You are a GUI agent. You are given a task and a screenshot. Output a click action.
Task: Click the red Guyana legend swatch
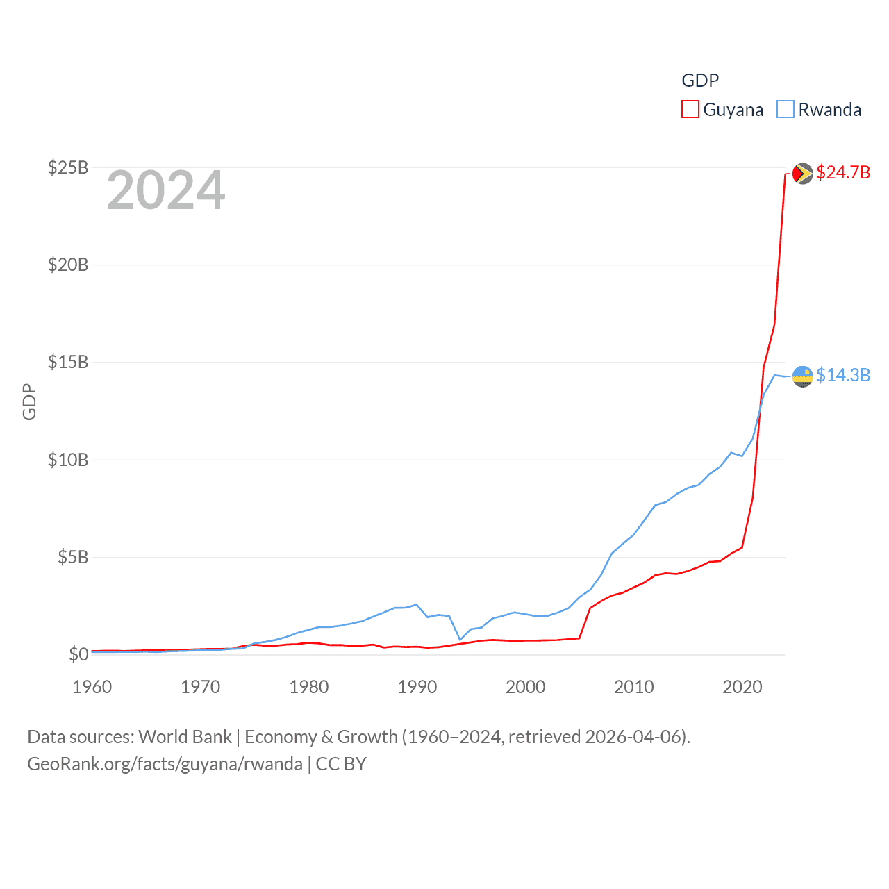[x=690, y=110]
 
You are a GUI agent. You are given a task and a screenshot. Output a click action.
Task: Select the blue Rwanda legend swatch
[x=785, y=110]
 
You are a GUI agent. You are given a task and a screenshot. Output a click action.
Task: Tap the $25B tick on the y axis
[x=67, y=167]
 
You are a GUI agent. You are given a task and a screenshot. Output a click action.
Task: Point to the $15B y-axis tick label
[x=67, y=362]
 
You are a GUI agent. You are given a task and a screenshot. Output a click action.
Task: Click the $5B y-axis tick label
[x=72, y=557]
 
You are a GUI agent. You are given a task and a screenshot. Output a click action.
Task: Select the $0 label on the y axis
[x=78, y=654]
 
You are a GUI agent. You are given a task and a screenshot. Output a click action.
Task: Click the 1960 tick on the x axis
[x=92, y=687]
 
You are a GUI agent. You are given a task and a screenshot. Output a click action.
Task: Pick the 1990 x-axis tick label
[x=417, y=687]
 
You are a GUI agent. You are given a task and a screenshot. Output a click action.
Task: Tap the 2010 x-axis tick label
[x=634, y=687]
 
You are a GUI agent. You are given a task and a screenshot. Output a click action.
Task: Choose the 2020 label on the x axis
[x=742, y=687]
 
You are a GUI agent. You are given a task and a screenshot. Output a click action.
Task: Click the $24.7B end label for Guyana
[x=843, y=172]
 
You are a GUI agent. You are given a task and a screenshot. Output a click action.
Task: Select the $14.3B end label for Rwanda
[x=843, y=375]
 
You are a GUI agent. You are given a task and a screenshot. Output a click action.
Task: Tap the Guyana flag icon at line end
[x=803, y=173]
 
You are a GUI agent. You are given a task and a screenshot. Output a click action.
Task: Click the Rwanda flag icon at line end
[x=803, y=376]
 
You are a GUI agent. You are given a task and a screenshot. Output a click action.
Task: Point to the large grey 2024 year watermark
[x=166, y=190]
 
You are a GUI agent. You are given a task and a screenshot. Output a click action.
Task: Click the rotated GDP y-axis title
[x=29, y=401]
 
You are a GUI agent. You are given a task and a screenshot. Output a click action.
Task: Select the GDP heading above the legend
[x=700, y=81]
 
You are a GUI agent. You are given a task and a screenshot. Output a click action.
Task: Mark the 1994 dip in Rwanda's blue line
[x=460, y=639]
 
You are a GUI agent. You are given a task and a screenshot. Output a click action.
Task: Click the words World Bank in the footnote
[x=185, y=736]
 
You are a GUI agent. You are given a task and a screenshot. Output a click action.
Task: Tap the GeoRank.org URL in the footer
[x=165, y=764]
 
